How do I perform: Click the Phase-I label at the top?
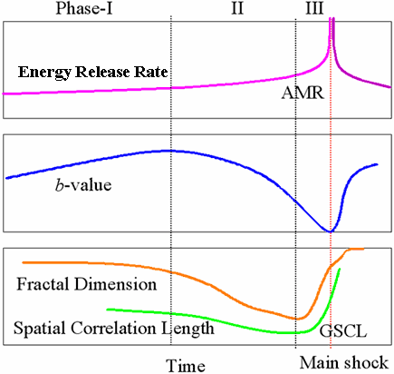[x=84, y=8]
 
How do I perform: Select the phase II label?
[x=237, y=8]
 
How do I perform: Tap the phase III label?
[x=314, y=8]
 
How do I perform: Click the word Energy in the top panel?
[x=45, y=73]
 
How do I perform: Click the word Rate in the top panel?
[x=151, y=72]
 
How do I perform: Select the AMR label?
[x=303, y=93]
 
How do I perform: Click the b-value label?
[x=83, y=184]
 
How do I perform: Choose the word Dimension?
[x=116, y=284]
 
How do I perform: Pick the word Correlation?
[x=113, y=328]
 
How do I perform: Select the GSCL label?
[x=343, y=331]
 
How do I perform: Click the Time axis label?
[x=186, y=366]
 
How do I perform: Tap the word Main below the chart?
[x=320, y=362]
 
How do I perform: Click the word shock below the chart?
[x=366, y=362]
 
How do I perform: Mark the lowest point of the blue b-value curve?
[x=330, y=231]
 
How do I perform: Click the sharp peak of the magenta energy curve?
[x=332, y=19]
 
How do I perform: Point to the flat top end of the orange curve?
[x=363, y=249]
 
